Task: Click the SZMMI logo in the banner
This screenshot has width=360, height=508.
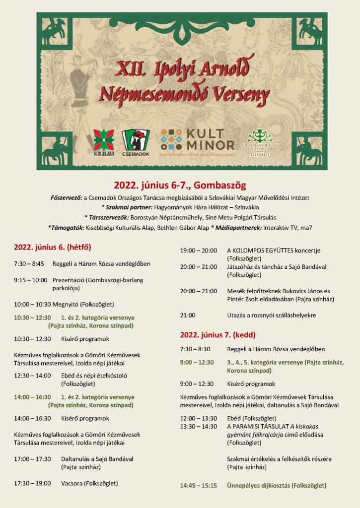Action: coord(104,142)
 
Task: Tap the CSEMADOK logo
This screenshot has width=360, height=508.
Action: coord(136,142)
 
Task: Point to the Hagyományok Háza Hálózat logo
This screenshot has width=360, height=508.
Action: coord(261,142)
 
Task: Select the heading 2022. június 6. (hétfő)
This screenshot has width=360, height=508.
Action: coord(53,247)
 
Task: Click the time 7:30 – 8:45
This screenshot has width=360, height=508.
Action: coord(29,264)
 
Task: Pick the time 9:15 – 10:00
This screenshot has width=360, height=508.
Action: coord(31,280)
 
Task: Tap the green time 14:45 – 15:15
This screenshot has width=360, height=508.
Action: coord(199,485)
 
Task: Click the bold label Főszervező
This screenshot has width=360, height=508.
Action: coord(67,198)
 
